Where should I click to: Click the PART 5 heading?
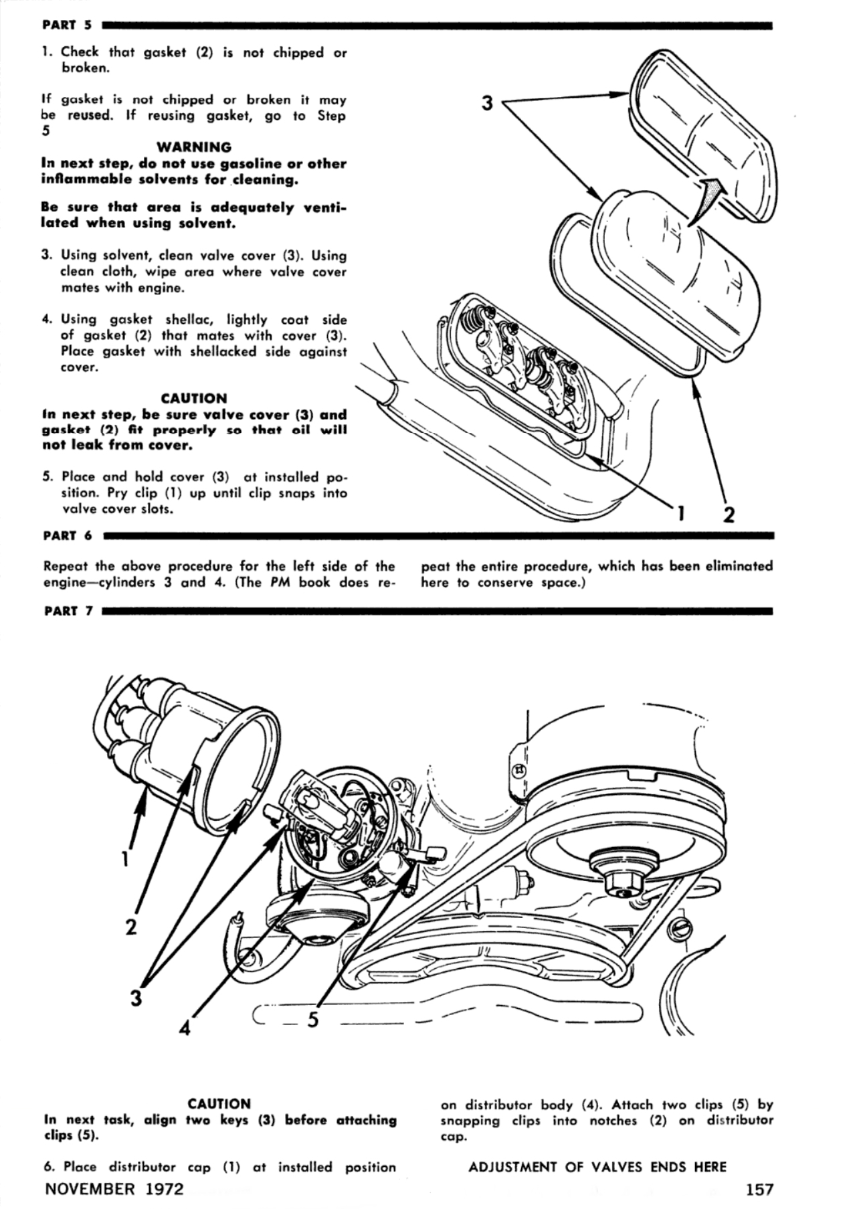point(66,25)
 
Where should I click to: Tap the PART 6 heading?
point(67,535)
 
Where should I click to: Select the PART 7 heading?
point(67,611)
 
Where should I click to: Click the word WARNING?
point(194,147)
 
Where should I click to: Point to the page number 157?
point(759,1189)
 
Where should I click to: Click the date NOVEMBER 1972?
point(114,1189)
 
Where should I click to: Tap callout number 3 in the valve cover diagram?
point(488,104)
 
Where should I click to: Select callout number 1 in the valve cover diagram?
point(680,514)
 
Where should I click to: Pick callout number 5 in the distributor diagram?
point(312,1019)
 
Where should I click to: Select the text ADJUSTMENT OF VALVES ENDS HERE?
point(597,1167)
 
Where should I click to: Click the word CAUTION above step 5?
point(194,398)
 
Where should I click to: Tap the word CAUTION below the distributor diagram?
point(219,1103)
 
